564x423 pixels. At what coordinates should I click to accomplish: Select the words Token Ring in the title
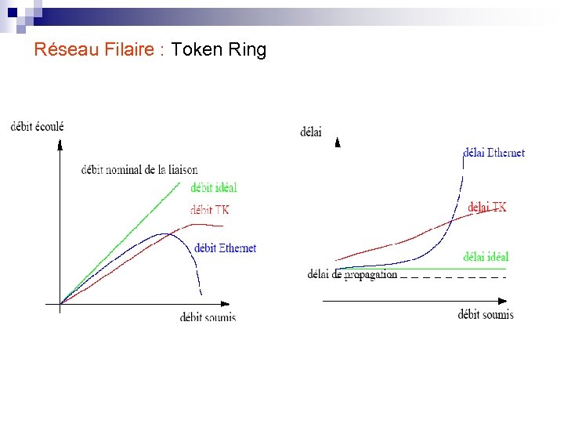pos(219,50)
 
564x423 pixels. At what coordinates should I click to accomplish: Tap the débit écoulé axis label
pos(37,126)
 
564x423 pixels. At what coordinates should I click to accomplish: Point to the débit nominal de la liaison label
pos(139,169)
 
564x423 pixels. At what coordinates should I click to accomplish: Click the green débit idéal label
pos(213,187)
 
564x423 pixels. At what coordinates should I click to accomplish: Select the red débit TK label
pos(210,209)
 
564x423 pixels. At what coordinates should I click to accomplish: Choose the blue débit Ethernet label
pos(225,248)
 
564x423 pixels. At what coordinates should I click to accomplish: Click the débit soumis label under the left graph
pos(208,316)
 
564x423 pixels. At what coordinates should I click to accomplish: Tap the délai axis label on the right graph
pos(311,132)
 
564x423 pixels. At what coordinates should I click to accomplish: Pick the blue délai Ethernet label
pos(493,153)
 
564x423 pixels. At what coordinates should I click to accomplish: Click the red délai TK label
pos(486,207)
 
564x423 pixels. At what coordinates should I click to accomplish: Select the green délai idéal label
pos(486,256)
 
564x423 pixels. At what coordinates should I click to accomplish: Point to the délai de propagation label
pos(352,274)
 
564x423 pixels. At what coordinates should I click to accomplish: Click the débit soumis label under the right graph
pos(486,314)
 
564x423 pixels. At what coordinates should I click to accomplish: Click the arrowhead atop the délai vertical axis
pos(338,143)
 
